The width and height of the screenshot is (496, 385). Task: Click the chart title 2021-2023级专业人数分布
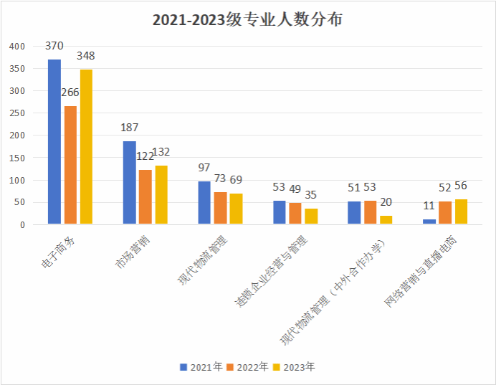coord(247,19)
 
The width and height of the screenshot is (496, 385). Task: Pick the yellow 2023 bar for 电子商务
coord(86,147)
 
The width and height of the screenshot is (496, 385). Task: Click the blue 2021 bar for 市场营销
coord(129,183)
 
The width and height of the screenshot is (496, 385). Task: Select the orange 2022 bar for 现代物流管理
coord(220,208)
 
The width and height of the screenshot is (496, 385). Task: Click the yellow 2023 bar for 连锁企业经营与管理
coord(311,217)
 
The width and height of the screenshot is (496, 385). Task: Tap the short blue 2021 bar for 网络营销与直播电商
coord(429,222)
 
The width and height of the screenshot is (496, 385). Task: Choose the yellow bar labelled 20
coord(386,220)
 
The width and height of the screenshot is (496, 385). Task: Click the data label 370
coord(54,46)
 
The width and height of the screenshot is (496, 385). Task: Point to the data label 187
coord(130,128)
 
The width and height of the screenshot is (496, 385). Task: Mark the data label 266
coord(70,92)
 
